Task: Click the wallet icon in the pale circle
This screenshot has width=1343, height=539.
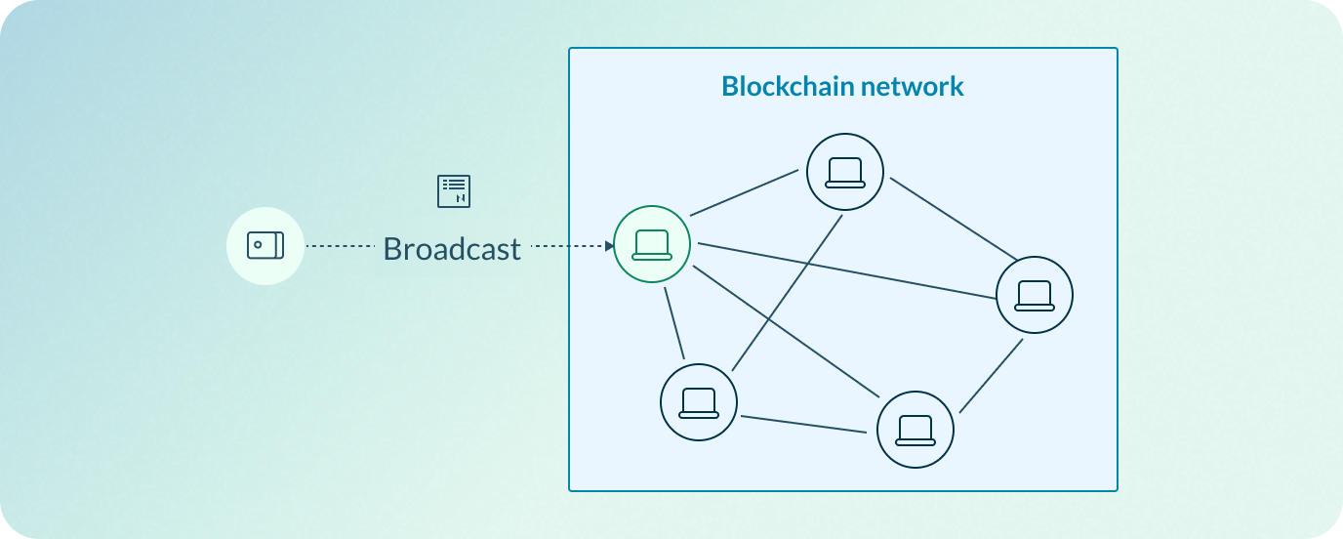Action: click(265, 245)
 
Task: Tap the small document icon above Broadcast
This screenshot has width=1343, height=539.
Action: click(454, 191)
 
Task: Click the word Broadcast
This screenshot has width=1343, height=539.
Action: click(452, 249)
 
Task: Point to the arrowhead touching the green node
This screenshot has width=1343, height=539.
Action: click(609, 246)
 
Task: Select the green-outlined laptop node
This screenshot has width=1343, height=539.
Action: click(652, 244)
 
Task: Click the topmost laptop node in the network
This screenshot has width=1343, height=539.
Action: click(845, 172)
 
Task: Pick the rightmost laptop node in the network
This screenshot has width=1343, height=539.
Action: click(1034, 295)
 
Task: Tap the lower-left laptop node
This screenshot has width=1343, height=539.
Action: click(699, 402)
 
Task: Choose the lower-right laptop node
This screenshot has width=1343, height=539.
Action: click(915, 431)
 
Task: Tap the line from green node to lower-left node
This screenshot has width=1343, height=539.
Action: click(674, 321)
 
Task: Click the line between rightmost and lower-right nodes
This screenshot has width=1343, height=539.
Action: click(991, 376)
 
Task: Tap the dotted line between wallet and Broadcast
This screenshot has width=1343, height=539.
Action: click(342, 246)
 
